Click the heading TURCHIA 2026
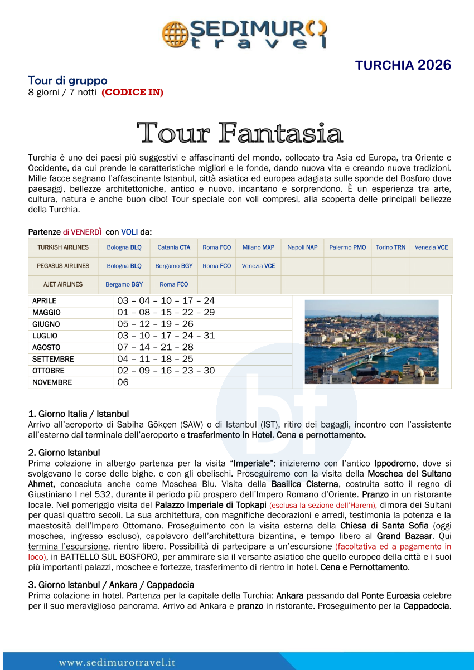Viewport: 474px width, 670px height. (403, 65)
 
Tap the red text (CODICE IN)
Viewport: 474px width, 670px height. (132, 93)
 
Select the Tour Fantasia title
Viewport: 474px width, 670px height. (240, 133)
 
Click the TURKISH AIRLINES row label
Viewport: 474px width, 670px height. (63, 247)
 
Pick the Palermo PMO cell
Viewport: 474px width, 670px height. (347, 247)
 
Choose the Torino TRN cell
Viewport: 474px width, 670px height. (390, 247)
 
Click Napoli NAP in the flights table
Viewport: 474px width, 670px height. (302, 247)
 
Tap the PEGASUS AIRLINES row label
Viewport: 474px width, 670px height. (63, 266)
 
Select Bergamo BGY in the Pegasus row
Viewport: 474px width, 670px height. (173, 266)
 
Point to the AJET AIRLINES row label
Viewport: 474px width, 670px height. (63, 284)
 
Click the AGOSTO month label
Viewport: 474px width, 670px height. (46, 347)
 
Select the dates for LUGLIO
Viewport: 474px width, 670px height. (166, 336)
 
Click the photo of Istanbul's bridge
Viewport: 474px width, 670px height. (371, 341)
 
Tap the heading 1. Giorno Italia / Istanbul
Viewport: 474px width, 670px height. (79, 414)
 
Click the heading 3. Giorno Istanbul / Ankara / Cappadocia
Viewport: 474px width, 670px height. (111, 585)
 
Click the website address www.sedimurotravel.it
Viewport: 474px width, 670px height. (118, 663)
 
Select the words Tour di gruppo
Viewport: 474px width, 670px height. (67, 81)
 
